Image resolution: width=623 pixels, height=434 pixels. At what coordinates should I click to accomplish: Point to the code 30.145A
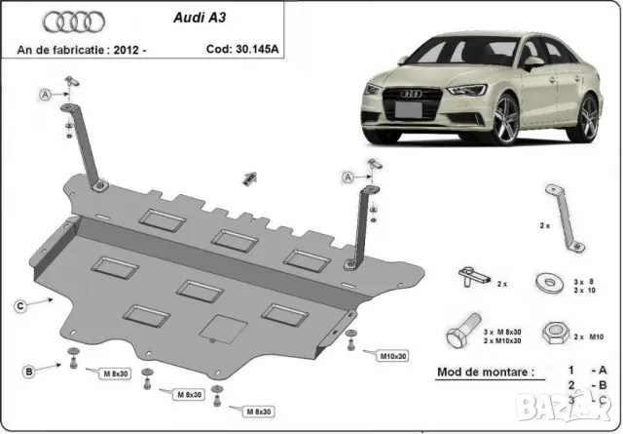point(244,47)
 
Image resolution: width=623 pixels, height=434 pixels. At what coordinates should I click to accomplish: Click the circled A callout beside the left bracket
point(45,94)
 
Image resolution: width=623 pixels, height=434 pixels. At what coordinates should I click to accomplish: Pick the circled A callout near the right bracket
point(348,177)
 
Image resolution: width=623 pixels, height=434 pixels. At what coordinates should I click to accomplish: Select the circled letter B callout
point(30,371)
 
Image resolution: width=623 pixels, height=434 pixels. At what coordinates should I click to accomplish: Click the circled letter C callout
point(19,307)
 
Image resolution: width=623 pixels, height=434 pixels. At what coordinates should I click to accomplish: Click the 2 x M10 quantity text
point(582,336)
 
